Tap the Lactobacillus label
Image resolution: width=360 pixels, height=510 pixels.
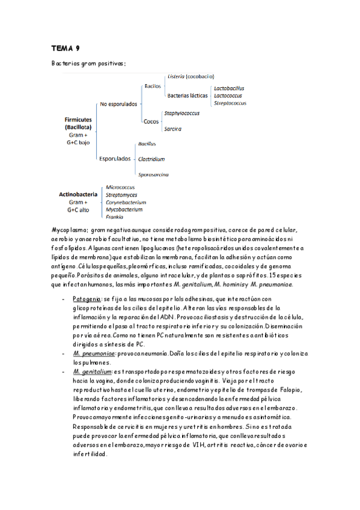[x=229, y=88]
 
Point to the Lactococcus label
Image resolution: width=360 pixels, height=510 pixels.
[x=228, y=95]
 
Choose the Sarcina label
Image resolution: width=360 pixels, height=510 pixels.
[x=172, y=129]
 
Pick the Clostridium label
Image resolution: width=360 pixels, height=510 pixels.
[x=151, y=159]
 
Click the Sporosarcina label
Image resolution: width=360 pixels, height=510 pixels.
[x=153, y=174]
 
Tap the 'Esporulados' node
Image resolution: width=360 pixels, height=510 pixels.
[x=115, y=159]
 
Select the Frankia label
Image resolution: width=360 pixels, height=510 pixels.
[x=115, y=217]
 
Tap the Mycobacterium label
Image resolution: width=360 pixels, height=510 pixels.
[x=124, y=209]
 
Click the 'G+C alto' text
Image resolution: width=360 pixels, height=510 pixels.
[x=79, y=210]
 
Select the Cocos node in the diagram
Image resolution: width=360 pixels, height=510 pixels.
[x=151, y=121]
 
